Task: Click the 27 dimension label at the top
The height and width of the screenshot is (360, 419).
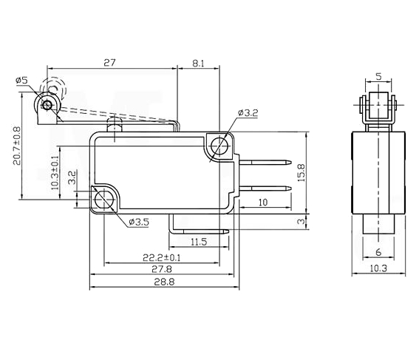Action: [109, 63]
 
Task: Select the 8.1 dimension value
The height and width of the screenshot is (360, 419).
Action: [198, 64]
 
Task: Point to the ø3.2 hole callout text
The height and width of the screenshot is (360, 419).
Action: [248, 113]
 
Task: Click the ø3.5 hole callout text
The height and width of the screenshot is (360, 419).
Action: [139, 222]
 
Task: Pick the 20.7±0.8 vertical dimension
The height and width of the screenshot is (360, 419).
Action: [16, 146]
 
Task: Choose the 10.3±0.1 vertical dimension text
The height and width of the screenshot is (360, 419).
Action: [55, 173]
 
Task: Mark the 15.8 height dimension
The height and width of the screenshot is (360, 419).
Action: [302, 173]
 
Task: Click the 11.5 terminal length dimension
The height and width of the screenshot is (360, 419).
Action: [199, 242]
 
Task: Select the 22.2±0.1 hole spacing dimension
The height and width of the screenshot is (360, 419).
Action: [162, 258]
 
